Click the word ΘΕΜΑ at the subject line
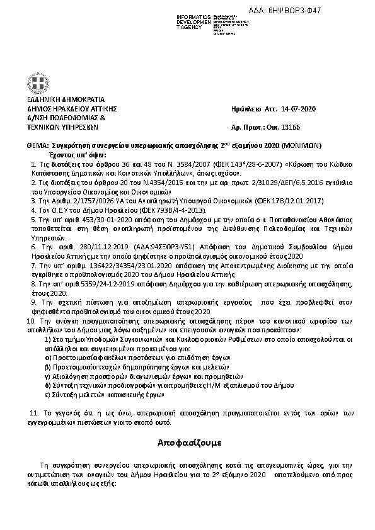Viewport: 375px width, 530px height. point(37,144)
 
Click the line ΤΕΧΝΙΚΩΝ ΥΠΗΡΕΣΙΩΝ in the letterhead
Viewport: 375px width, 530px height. point(62,127)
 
